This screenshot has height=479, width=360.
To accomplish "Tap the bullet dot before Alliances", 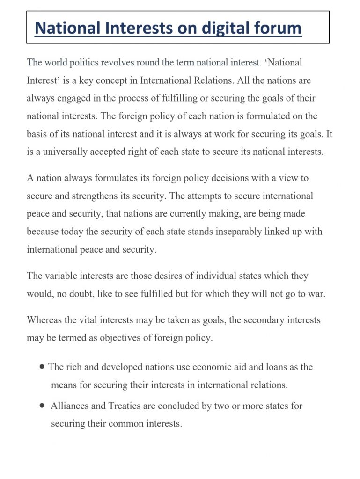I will (x=43, y=406).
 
